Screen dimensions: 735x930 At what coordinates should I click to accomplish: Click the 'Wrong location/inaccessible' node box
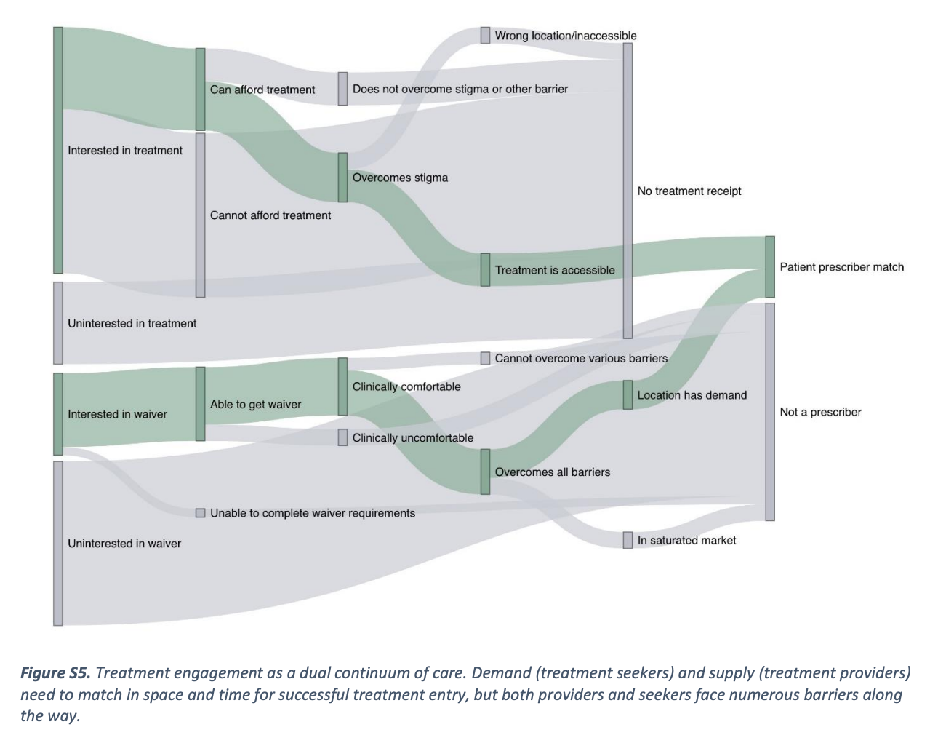point(485,35)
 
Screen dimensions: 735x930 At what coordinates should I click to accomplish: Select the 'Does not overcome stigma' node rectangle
point(342,89)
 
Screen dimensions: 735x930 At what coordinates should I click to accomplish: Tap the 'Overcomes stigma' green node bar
point(342,177)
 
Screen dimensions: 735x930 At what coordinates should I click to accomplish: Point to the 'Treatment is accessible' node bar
point(485,269)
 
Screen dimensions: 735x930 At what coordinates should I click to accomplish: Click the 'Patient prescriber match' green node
point(770,266)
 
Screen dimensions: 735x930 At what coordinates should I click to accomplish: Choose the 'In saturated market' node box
point(628,540)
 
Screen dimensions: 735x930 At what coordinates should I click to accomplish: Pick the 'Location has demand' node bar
point(628,394)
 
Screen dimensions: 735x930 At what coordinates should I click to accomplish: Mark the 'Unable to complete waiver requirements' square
point(201,513)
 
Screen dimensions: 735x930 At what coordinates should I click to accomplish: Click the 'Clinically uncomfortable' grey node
point(342,437)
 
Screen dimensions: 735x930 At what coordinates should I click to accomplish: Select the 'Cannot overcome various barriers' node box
point(485,358)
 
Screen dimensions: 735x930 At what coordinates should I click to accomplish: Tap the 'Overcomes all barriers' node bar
point(485,472)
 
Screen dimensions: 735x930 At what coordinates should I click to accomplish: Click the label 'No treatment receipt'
point(689,191)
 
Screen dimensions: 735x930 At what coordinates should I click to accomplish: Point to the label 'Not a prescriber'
point(820,412)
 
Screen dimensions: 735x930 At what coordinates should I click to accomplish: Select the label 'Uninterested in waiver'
point(124,544)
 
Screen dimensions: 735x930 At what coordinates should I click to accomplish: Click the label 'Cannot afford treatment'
point(270,215)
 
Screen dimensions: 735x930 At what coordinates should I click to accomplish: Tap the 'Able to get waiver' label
point(255,405)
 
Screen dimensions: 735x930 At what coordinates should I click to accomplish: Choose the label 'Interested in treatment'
point(125,151)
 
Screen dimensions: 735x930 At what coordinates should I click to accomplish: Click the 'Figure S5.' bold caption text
point(55,672)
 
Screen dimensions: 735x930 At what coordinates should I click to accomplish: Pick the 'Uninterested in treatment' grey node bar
point(58,323)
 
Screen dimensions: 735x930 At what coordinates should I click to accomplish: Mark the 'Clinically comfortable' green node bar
point(342,386)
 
